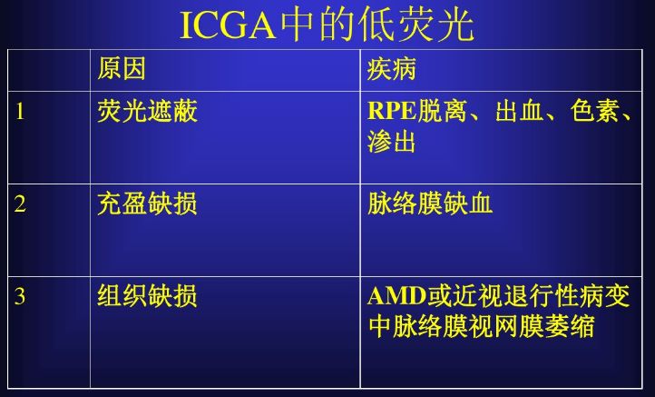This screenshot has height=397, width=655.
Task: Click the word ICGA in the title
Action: point(228,26)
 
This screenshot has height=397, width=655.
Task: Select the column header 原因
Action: point(122,69)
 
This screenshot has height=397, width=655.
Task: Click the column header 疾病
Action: point(391,69)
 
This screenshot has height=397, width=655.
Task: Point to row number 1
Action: point(20,112)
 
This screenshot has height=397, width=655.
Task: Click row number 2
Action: point(20,204)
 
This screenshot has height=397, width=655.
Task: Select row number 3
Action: point(20,296)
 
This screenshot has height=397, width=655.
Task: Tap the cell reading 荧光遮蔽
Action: point(147,111)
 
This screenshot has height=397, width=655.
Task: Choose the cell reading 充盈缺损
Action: point(147,203)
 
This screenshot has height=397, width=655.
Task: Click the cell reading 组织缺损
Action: point(147,296)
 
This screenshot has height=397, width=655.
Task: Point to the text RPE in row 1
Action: point(391,111)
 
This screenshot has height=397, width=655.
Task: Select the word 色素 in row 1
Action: point(595,111)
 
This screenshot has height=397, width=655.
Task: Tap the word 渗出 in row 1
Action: point(391,142)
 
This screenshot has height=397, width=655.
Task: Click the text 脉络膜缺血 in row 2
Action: point(430,203)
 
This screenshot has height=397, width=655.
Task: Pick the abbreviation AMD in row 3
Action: point(396,296)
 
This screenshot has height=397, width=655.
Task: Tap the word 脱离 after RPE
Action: point(442,111)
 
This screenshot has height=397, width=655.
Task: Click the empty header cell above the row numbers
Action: point(49,70)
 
